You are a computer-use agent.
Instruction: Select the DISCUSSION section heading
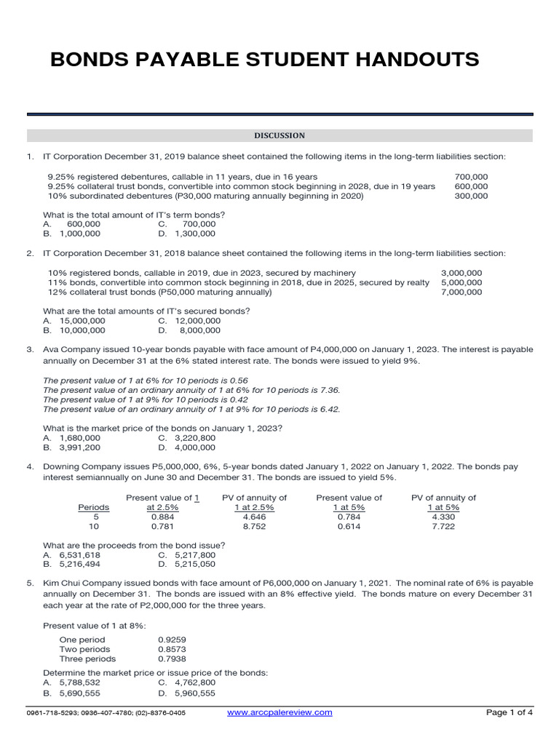pos(279,135)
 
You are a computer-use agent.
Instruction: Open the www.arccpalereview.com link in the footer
pos(279,712)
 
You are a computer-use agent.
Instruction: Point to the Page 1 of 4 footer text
pos(510,712)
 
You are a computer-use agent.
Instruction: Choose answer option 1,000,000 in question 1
pos(80,234)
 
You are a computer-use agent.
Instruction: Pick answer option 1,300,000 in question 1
pos(194,234)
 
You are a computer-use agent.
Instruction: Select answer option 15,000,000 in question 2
pos(82,320)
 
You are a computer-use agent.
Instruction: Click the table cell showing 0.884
pos(162,517)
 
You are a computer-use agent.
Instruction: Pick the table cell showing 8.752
pos(254,526)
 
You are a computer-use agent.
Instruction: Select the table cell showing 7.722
pos(443,526)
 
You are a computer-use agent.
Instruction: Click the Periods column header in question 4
pos(93,507)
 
